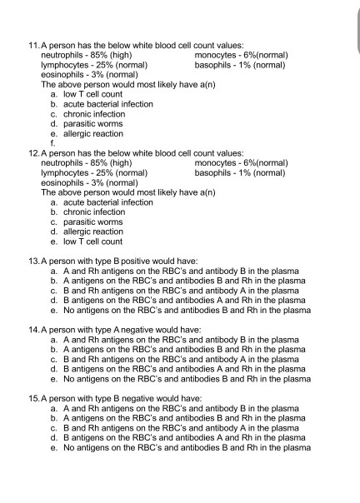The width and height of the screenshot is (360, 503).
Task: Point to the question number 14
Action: [x=33, y=330]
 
